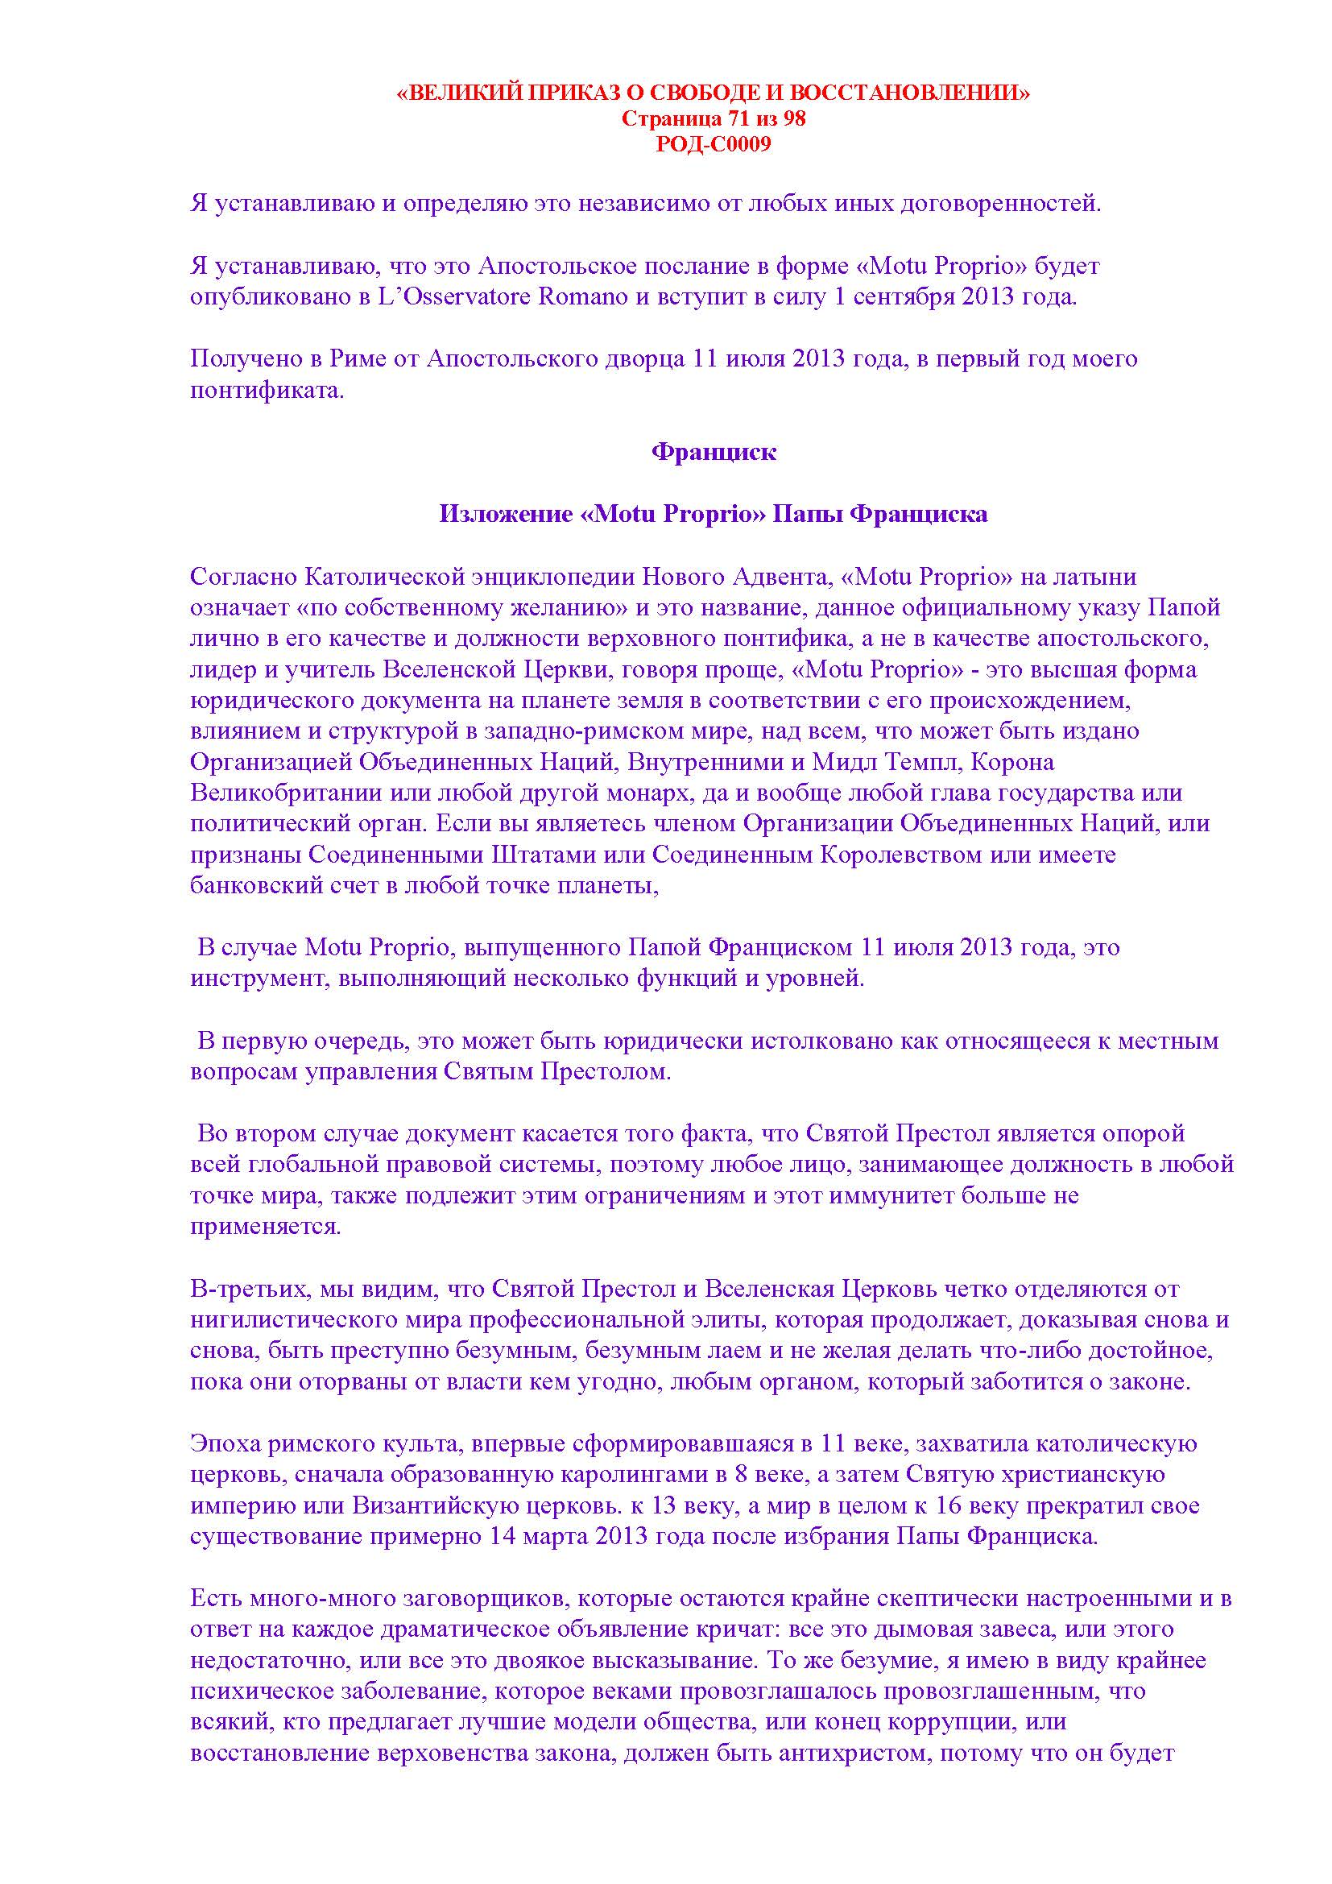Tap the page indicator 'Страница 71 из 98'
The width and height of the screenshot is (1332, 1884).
tap(713, 119)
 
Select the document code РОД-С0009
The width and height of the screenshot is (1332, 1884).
tap(713, 145)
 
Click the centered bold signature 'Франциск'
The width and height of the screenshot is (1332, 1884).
tap(713, 452)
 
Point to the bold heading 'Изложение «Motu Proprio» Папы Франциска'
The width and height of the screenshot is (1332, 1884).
tap(713, 515)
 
